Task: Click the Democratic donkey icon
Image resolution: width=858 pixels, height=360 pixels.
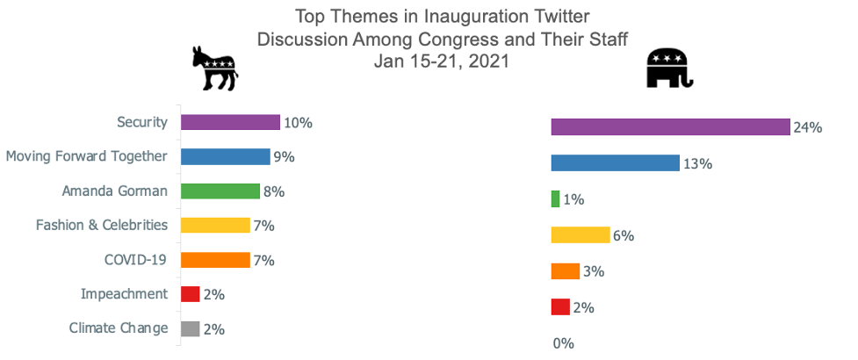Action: [215, 68]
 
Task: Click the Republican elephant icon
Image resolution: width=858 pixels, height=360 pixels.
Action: [669, 68]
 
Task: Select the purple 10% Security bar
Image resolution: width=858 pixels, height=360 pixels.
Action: [230, 122]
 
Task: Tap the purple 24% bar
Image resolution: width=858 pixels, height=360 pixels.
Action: [670, 127]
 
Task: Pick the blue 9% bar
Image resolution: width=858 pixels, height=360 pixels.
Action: [225, 156]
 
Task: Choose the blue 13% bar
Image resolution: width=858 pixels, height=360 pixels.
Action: [615, 163]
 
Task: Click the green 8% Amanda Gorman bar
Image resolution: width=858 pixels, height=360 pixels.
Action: [220, 191]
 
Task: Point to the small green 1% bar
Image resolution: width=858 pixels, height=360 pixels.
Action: [555, 199]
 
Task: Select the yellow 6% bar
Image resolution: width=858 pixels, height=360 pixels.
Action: [580, 235]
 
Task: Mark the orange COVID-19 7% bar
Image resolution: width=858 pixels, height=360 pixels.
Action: [215, 260]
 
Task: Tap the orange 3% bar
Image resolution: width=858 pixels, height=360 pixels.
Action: [565, 271]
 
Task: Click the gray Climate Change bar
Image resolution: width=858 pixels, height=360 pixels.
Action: [190, 329]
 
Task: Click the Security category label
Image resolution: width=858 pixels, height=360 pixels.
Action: [142, 122]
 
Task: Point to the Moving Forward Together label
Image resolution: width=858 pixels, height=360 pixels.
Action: [86, 156]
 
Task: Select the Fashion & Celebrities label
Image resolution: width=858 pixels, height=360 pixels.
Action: [102, 225]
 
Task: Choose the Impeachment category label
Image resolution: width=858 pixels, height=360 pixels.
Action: [124, 294]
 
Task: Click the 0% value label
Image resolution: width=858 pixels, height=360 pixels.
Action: [563, 343]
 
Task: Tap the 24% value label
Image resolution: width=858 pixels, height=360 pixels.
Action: [807, 128]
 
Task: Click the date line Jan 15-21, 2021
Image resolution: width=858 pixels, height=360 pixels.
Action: [441, 61]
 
